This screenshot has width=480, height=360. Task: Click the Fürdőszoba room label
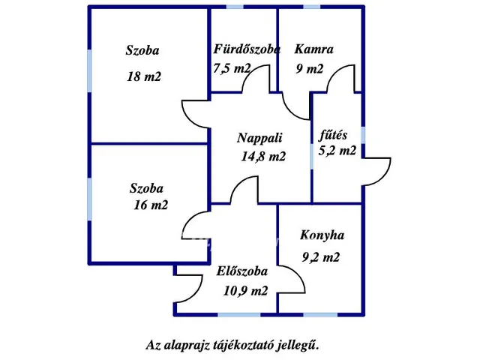click(247, 50)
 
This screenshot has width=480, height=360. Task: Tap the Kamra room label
click(313, 50)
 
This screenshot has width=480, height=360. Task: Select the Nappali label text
click(259, 138)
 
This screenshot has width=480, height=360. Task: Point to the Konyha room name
click(322, 235)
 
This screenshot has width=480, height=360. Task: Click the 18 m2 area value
click(143, 76)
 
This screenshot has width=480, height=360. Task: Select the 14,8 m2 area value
click(263, 157)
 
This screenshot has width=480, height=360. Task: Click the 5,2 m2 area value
click(337, 151)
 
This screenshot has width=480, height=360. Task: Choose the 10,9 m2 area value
click(245, 292)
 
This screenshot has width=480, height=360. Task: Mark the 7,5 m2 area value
click(232, 69)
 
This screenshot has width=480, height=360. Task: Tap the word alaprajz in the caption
click(190, 346)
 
